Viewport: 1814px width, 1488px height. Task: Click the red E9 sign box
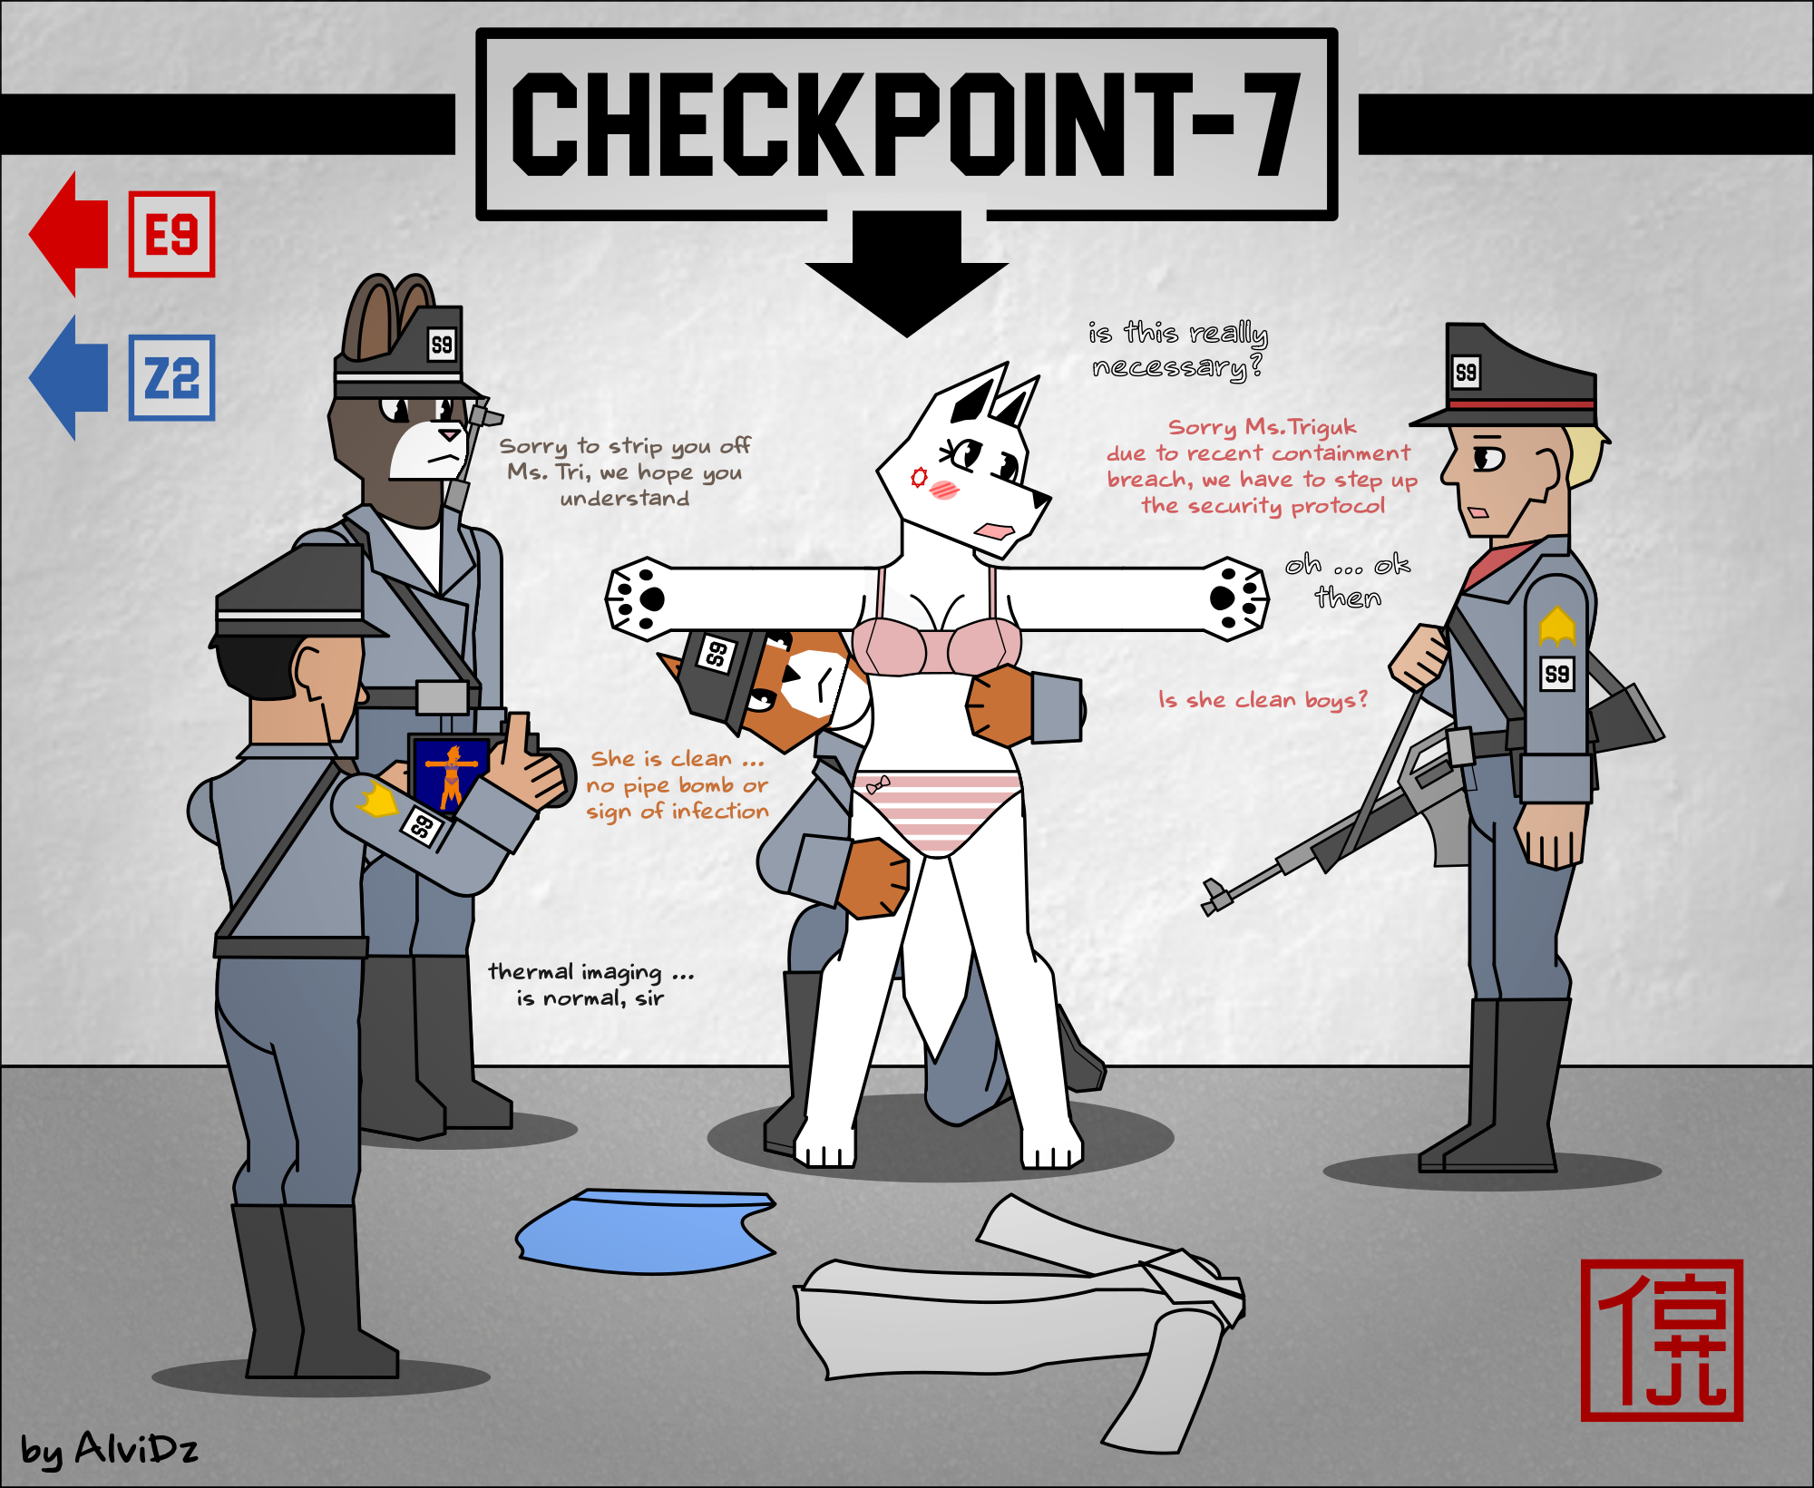click(171, 234)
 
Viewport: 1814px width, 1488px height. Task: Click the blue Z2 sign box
click(171, 377)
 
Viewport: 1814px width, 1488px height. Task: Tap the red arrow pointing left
click(69, 234)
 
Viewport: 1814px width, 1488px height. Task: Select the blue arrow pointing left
click(69, 377)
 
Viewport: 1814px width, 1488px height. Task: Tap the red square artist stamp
click(1662, 1340)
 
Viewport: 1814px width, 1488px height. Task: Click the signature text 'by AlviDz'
click(109, 1448)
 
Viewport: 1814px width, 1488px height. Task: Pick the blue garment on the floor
click(646, 1230)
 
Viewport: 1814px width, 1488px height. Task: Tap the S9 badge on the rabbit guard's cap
click(442, 345)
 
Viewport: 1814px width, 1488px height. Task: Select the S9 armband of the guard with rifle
click(1557, 674)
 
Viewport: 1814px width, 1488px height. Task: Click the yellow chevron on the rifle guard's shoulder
click(1557, 626)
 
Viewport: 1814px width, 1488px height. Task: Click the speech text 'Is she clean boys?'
click(1263, 700)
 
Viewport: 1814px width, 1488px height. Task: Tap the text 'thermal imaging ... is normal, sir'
click(590, 985)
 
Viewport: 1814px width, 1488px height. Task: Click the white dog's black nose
click(1041, 499)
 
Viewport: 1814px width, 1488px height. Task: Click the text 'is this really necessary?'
click(1178, 350)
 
